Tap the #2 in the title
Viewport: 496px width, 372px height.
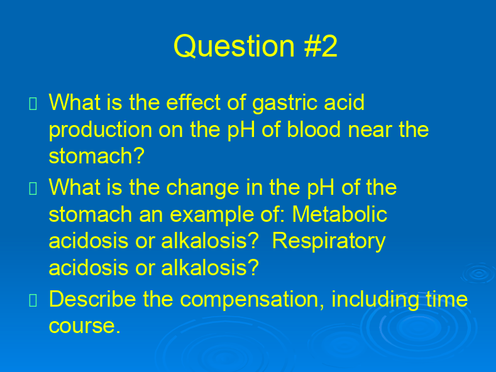[321, 46]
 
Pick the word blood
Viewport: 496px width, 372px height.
[314, 129]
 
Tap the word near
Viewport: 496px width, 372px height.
[370, 131]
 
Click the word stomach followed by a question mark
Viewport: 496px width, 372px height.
[96, 156]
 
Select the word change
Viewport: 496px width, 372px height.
[202, 189]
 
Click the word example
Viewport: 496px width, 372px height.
[212, 216]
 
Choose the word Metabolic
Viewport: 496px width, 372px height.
[339, 214]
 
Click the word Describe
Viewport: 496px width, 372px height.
[92, 299]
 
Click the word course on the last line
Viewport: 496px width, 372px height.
[85, 326]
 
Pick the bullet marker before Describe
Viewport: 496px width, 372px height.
[33, 300]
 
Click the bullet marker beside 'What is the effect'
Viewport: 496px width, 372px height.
[33, 104]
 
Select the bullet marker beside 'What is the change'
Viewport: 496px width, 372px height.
[33, 189]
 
